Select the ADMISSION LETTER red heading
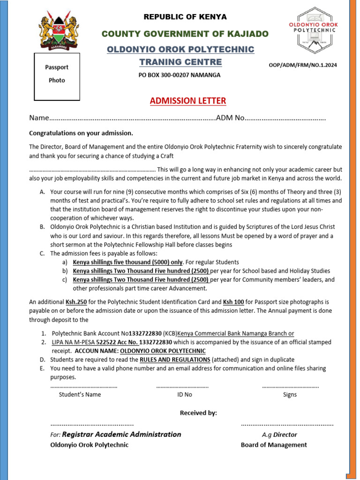coord(187,101)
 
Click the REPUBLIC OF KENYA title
coord(185,17)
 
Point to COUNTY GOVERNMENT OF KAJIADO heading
coord(185,34)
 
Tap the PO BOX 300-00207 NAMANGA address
coord(180,75)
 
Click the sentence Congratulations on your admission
coord(81,133)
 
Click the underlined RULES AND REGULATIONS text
coord(175,360)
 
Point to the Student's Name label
coord(80,394)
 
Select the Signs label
coord(290,394)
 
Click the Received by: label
coord(198,413)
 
